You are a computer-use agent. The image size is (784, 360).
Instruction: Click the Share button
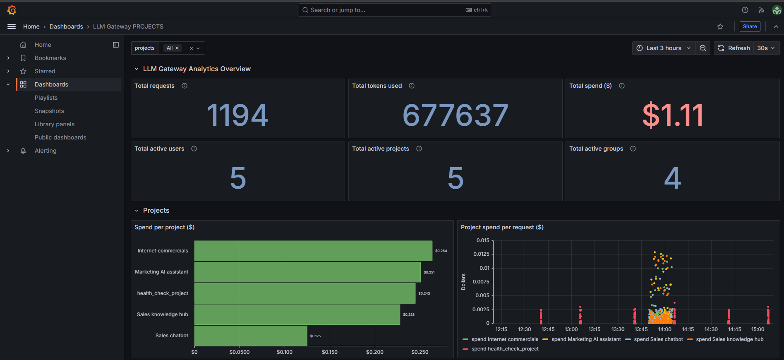click(x=750, y=26)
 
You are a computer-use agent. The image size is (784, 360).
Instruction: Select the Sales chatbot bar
click(x=251, y=336)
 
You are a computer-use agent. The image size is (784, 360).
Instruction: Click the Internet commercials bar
click(x=313, y=251)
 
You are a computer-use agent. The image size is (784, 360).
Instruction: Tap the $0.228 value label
click(x=409, y=314)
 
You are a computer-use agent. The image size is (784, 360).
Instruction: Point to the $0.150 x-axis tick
click(x=330, y=352)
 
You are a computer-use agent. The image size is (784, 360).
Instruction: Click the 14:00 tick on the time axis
click(x=664, y=329)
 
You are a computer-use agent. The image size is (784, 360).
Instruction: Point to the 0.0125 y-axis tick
click(x=481, y=254)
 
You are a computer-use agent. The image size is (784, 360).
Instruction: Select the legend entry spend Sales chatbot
click(x=658, y=339)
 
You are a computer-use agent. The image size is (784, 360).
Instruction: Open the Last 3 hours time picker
click(x=663, y=48)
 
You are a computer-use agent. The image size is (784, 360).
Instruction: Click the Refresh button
click(x=734, y=48)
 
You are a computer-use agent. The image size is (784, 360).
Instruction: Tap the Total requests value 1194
click(x=237, y=115)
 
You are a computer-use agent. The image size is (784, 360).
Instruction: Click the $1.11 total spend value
click(x=673, y=115)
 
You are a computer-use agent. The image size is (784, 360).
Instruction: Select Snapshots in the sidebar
click(x=49, y=111)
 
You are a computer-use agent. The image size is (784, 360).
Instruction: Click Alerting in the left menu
click(x=46, y=151)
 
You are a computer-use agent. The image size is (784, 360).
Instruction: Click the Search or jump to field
click(x=385, y=10)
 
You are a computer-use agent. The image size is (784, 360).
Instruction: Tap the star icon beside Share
click(x=720, y=26)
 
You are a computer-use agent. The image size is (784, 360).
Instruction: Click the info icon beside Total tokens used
click(x=412, y=86)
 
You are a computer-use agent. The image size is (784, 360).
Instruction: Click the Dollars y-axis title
click(x=463, y=282)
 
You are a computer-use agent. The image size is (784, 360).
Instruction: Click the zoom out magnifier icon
click(x=702, y=48)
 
